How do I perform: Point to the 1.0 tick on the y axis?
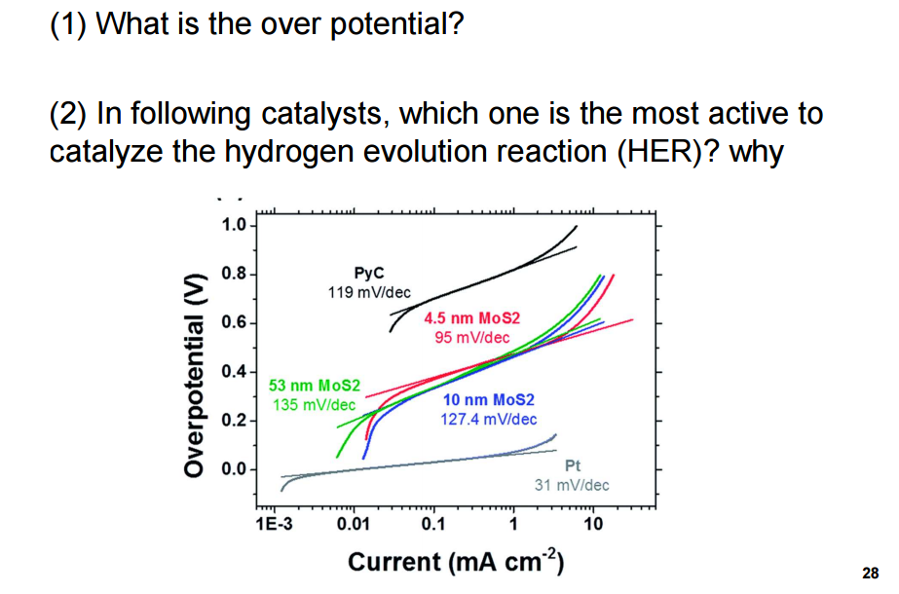tap(233, 226)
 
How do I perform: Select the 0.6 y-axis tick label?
tap(233, 323)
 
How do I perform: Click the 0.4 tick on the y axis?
tap(233, 372)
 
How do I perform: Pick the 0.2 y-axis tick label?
tap(233, 421)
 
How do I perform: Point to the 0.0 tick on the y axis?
tap(233, 469)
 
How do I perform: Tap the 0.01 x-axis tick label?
tap(353, 526)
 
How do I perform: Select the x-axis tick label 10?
tap(593, 526)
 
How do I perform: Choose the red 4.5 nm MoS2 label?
tap(472, 318)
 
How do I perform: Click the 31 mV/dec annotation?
tap(572, 484)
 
